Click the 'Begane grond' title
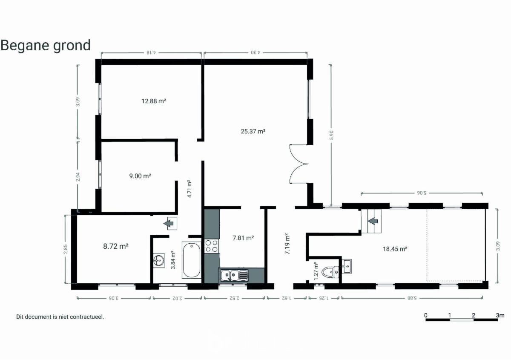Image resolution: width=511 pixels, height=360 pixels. coord(46,46)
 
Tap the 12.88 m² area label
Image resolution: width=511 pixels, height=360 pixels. coord(154,101)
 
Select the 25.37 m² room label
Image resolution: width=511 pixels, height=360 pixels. coord(253,131)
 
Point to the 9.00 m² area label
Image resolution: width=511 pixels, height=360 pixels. coord(140,176)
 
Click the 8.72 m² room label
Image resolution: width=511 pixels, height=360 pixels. coord(116,246)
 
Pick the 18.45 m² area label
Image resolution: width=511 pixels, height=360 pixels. coord(395,249)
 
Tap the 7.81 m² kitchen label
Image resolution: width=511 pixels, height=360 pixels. coord(243,238)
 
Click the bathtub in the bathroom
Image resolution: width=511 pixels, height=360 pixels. coord(192,260)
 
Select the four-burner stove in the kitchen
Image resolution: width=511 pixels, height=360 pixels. coord(212,246)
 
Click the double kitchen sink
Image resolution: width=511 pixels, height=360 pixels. coord(234,275)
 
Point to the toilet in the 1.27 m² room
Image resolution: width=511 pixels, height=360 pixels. coord(330,272)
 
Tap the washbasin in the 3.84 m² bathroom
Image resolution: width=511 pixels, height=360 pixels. coord(158,260)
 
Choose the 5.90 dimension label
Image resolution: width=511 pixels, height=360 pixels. coord(331,135)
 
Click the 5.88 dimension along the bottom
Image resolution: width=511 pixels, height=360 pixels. coord(412,298)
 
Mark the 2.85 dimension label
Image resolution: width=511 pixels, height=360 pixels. coord(66,249)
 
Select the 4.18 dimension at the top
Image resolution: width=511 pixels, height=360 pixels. coord(151,52)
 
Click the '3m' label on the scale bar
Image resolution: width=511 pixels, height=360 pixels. coord(500,316)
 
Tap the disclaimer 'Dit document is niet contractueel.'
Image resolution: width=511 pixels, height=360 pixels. coord(60,317)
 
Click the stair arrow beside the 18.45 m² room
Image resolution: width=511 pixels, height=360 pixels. coord(373,221)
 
